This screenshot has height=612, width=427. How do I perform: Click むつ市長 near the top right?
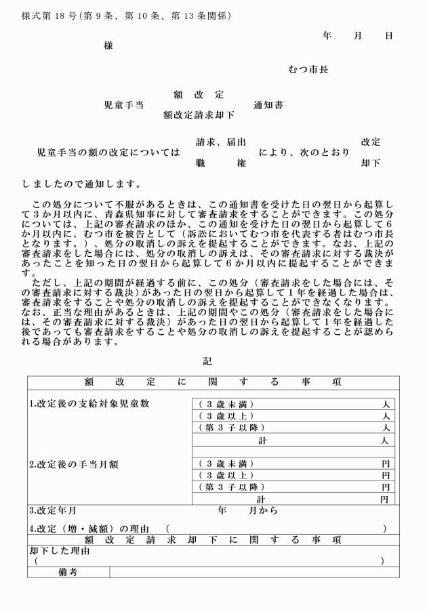[x=308, y=70]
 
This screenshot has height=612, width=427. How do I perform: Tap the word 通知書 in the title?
[x=268, y=105]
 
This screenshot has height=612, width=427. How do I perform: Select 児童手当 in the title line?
[x=123, y=105]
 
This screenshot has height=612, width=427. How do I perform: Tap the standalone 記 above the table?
[x=207, y=362]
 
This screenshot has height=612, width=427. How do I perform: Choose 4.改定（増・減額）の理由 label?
[x=91, y=527]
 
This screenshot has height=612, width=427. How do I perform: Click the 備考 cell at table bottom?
[x=68, y=573]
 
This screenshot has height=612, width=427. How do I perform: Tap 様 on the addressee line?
[x=108, y=45]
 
